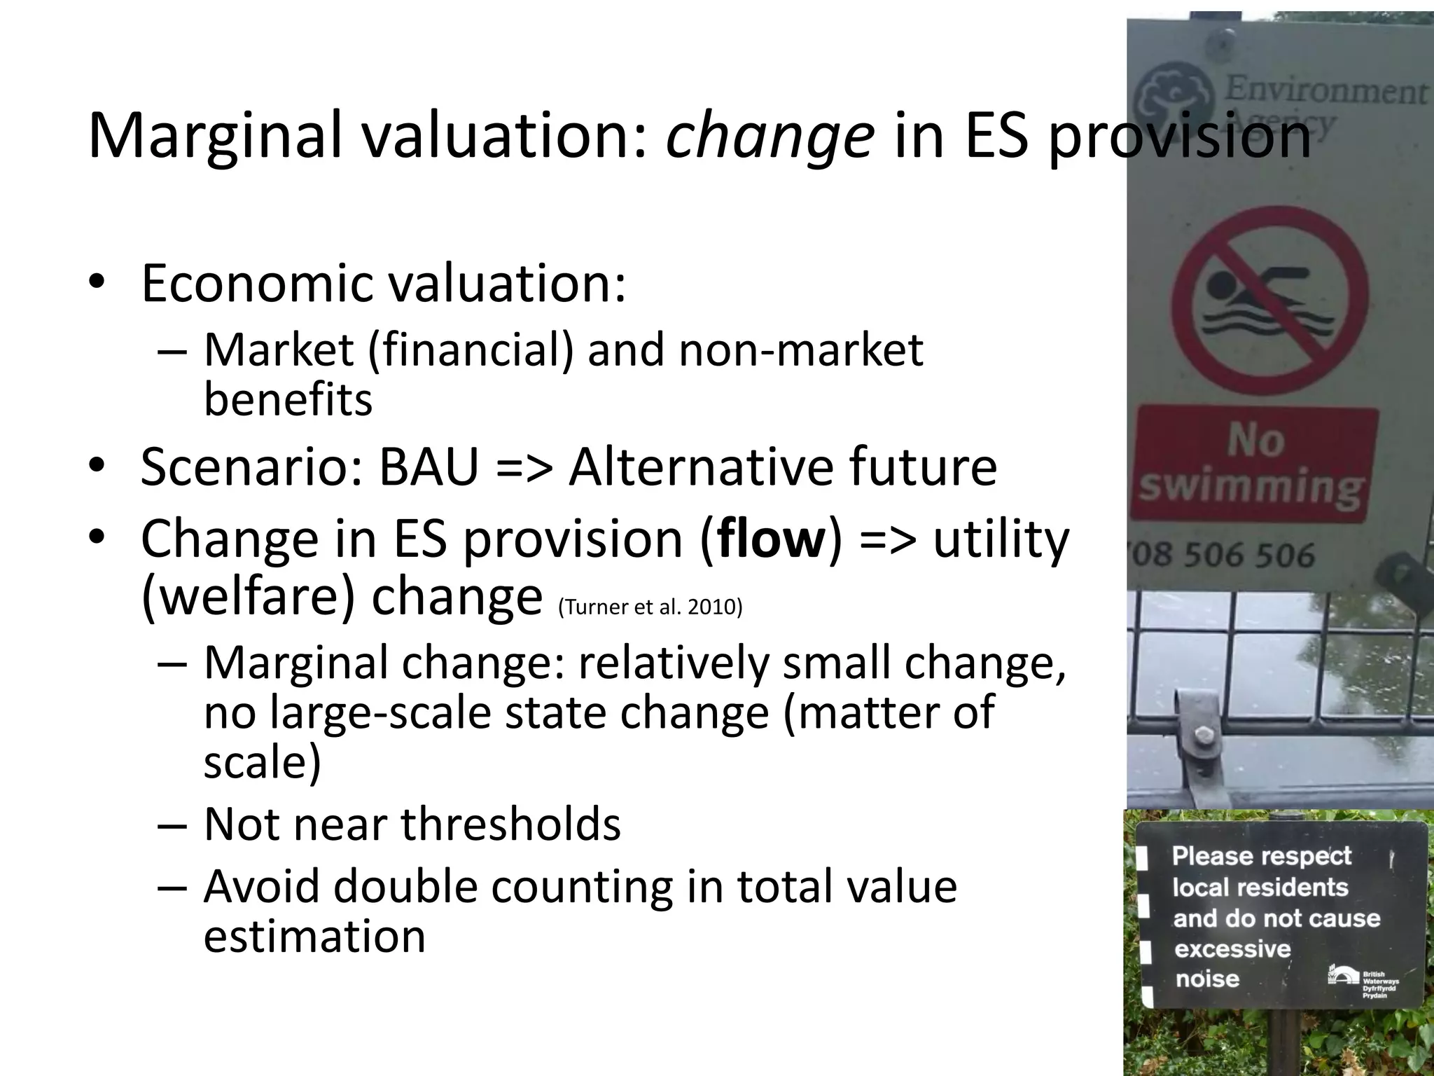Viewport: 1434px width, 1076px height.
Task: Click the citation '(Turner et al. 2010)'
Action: [x=650, y=607]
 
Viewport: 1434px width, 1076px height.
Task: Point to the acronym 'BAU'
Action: [x=429, y=467]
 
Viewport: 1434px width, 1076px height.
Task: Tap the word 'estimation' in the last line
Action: [x=314, y=937]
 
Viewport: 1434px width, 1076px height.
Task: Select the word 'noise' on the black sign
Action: [x=1207, y=979]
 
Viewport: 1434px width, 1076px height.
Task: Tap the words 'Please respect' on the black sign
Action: [x=1262, y=856]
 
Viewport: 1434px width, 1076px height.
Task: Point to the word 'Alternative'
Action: [x=701, y=467]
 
